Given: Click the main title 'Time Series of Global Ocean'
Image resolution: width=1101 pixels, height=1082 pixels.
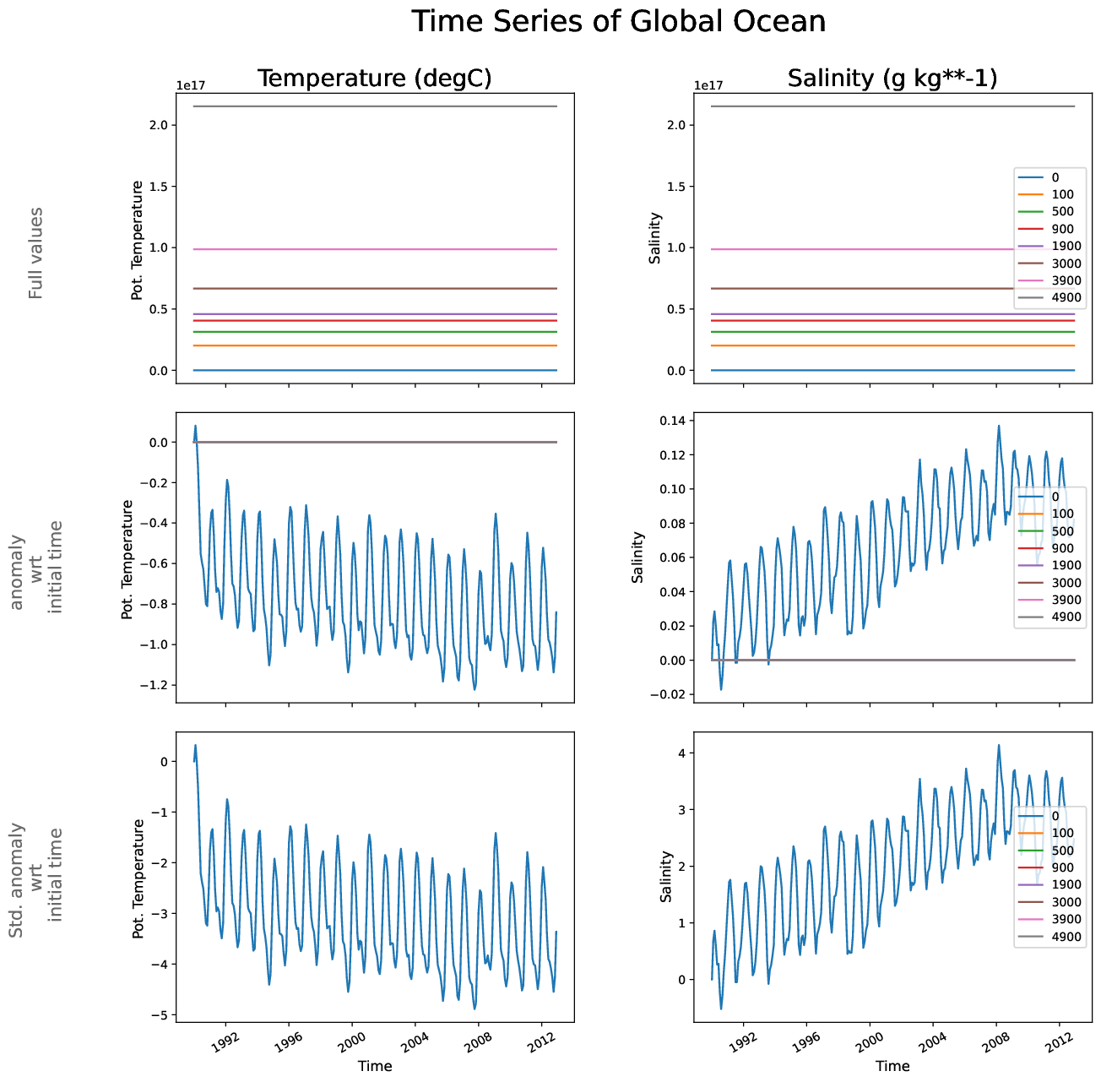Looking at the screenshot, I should [x=619, y=22].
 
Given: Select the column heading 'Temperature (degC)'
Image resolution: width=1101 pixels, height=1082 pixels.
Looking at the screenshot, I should [x=374, y=79].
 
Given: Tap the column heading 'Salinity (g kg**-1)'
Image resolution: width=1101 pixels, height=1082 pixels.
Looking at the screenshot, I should [x=892, y=79].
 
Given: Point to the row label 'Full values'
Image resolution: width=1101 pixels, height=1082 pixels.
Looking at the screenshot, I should [x=35, y=253].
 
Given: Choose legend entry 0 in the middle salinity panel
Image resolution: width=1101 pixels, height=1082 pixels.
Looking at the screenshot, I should [x=1055, y=497].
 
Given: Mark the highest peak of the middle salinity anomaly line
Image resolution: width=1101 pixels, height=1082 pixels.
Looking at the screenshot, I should [x=998, y=426].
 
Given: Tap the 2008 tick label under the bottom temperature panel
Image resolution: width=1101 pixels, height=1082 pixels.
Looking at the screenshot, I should [x=479, y=1041].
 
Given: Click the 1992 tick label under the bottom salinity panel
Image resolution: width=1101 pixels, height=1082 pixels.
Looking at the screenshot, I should [x=743, y=1041].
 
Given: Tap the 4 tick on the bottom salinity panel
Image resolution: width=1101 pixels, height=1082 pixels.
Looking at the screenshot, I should [x=682, y=753].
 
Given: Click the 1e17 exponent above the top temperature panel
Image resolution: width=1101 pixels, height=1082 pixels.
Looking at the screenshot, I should [x=190, y=85].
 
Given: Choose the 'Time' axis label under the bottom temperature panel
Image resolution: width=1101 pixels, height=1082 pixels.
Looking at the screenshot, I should [x=375, y=1066].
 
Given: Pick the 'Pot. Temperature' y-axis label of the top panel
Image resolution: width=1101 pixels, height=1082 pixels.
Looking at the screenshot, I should [x=138, y=241].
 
